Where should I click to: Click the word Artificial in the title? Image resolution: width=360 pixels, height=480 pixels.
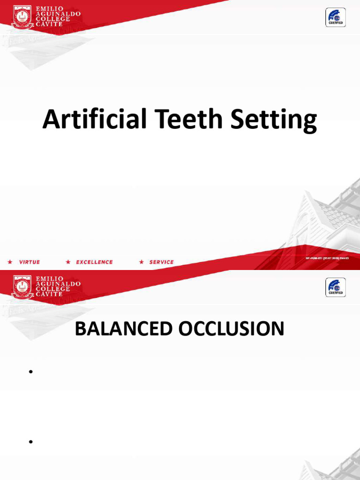coord(93,120)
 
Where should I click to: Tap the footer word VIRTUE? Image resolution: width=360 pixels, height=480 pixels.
coord(30,262)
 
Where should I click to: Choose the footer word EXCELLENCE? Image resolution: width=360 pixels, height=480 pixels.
coord(95,262)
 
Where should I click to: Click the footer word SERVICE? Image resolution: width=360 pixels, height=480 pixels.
coord(161,262)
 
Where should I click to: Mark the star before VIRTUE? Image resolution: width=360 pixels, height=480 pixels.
coord(10,262)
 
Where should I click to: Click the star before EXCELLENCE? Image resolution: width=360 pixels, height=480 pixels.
coord(68,262)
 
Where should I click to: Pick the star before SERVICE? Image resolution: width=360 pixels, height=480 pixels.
coord(142,262)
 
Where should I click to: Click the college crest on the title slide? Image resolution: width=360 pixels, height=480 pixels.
coord(22,17)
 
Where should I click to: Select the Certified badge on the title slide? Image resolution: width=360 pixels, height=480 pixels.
coord(336,18)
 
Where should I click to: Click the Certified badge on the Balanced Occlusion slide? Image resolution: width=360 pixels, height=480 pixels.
coord(336,287)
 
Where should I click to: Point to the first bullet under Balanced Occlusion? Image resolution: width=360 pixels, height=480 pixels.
coord(30,372)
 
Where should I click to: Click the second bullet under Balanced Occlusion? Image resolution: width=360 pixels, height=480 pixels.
coord(30,442)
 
